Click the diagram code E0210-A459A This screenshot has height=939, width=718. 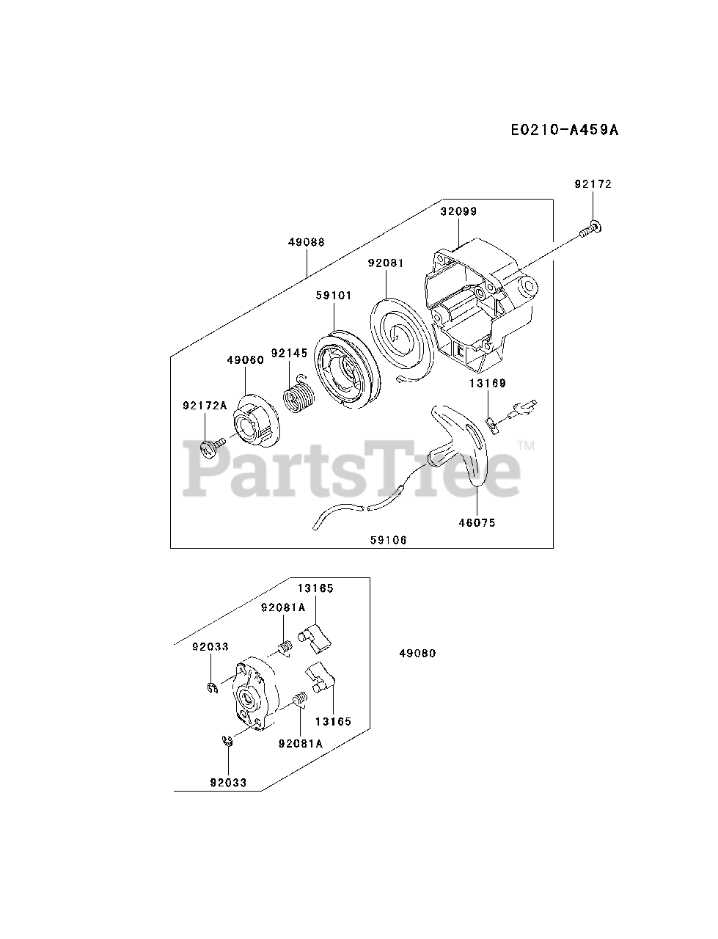pos(564,130)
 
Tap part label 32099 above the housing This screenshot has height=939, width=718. pos(458,211)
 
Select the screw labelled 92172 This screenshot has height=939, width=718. pos(590,230)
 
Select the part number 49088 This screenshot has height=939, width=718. pos(307,242)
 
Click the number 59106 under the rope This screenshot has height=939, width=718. pos(388,540)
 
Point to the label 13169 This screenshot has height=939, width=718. pos(488,383)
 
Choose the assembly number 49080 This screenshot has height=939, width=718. pos(417,653)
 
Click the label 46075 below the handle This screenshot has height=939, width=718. pos(477,523)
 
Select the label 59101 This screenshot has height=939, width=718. pos(334,296)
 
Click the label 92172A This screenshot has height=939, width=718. pos(204,404)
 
